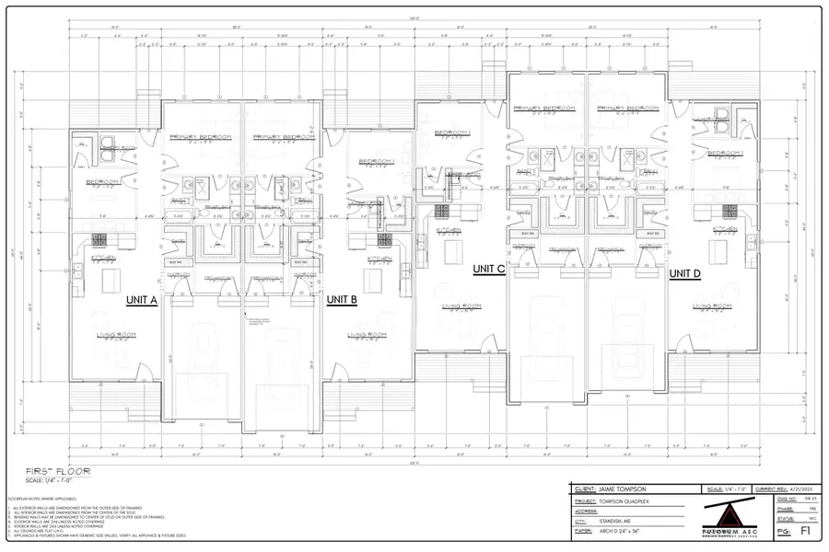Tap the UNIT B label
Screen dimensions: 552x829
(342, 300)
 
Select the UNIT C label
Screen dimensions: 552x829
(488, 270)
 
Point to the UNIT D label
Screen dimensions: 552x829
(684, 273)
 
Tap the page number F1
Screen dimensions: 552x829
(805, 531)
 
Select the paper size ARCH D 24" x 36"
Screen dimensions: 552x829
(626, 530)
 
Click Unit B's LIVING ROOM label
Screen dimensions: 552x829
(365, 335)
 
